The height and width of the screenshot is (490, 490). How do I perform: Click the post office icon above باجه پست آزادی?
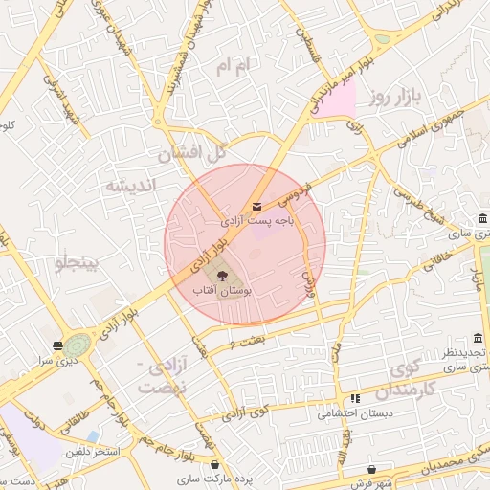coord(256,206)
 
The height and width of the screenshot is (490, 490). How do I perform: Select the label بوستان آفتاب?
coord(222,288)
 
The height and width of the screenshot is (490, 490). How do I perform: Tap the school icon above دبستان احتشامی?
coord(355,398)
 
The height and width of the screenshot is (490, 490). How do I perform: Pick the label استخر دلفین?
coord(94,450)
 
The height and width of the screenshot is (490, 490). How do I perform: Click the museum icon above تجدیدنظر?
coord(478,338)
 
